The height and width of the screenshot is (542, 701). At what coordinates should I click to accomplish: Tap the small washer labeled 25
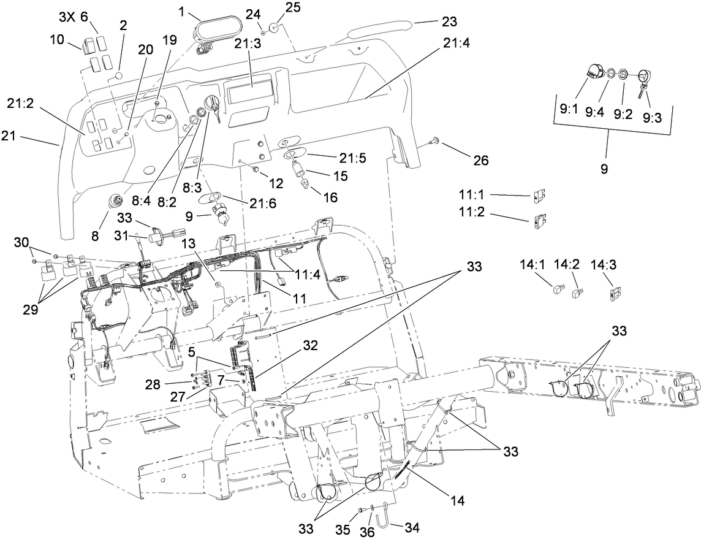pyautogui.click(x=275, y=28)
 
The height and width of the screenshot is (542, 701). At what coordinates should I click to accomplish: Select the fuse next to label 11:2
pyautogui.click(x=540, y=218)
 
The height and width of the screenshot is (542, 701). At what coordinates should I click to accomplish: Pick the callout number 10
pyautogui.click(x=57, y=40)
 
